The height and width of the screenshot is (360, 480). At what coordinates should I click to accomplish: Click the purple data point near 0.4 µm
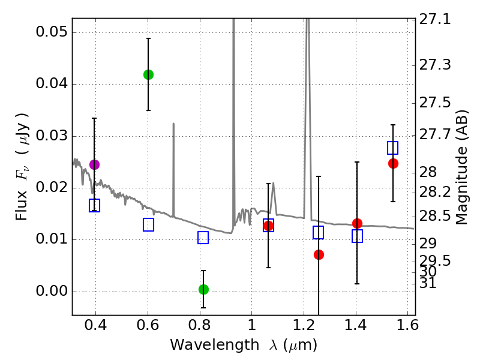pos(94,164)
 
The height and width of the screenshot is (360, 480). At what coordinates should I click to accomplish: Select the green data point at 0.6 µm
pos(148,74)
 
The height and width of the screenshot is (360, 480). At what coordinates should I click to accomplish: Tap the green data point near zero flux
pos(203,289)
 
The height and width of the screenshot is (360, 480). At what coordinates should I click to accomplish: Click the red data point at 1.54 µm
pos(393,163)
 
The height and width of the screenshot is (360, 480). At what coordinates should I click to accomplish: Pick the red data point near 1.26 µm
pos(319,254)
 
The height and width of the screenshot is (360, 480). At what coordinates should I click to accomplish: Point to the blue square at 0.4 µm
pos(94,206)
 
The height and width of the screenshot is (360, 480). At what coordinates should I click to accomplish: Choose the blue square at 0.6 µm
pos(148,224)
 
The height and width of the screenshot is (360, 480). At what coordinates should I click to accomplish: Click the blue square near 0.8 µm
pos(203,238)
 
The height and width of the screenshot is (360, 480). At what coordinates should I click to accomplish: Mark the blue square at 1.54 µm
pos(393,148)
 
